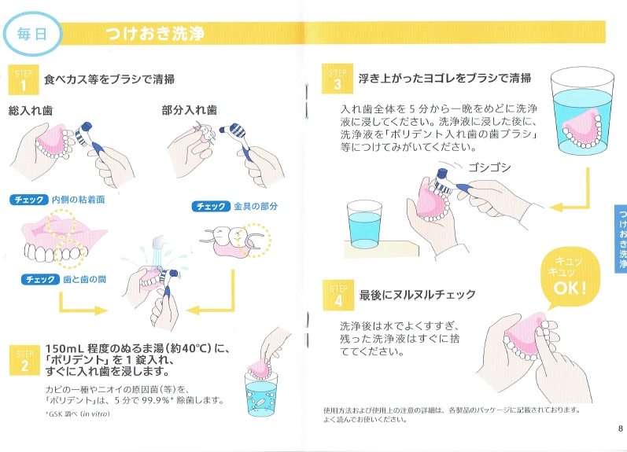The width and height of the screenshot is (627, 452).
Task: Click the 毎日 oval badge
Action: click(x=32, y=34)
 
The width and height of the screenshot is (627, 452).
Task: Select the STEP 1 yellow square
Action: click(x=24, y=79)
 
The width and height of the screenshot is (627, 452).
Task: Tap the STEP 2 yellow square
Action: click(x=25, y=360)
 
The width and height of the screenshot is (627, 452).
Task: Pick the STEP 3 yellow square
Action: click(x=337, y=79)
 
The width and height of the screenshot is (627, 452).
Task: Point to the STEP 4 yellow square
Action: click(x=338, y=296)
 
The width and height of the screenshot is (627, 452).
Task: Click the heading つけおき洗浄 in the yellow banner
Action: click(x=155, y=34)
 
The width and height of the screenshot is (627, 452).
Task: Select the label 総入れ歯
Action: click(x=31, y=111)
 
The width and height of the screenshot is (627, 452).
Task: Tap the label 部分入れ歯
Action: click(x=189, y=110)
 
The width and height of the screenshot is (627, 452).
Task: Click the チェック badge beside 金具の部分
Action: click(x=211, y=206)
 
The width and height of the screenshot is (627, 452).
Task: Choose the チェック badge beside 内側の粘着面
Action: click(x=29, y=200)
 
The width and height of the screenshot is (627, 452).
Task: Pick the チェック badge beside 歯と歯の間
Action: click(x=40, y=279)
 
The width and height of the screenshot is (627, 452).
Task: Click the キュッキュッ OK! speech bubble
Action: click(x=570, y=277)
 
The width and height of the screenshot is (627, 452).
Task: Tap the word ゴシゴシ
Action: click(x=489, y=167)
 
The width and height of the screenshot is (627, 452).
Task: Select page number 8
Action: click(x=620, y=428)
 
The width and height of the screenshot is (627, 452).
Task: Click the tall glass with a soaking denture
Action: click(x=582, y=111)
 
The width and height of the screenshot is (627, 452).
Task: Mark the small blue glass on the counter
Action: click(x=364, y=225)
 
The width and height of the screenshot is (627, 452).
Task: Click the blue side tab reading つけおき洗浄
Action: click(x=621, y=239)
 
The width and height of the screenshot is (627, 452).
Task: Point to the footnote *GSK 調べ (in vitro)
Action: click(x=78, y=414)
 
